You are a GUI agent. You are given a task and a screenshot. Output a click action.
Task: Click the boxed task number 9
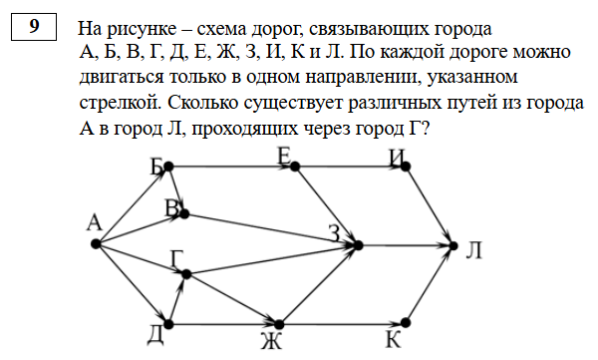click(34, 27)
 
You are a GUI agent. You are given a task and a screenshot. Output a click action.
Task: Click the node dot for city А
click(96, 243)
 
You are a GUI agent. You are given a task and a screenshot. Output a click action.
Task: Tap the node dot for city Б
click(168, 167)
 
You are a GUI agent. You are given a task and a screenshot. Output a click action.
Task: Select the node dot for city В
click(184, 213)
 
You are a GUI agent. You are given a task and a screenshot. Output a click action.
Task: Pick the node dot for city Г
click(186, 273)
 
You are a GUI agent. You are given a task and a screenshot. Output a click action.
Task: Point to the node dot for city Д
click(168, 324)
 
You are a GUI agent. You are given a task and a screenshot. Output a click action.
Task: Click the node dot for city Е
click(295, 167)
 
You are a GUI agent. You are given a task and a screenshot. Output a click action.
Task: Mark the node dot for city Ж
click(279, 324)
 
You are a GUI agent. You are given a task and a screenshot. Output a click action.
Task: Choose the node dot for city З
click(358, 245)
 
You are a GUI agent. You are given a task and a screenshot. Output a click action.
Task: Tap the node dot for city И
click(406, 167)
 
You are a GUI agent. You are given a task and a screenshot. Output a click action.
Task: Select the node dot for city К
click(406, 323)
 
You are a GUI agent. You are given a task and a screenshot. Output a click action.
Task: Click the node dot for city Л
click(453, 246)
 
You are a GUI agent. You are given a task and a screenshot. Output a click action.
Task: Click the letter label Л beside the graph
click(474, 250)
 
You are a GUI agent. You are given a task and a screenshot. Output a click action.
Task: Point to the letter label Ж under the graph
click(271, 341)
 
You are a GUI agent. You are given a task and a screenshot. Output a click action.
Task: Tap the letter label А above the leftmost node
click(95, 222)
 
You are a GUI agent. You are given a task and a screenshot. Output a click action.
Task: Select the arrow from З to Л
click(406, 246)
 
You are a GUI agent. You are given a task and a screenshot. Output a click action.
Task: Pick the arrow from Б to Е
click(231, 167)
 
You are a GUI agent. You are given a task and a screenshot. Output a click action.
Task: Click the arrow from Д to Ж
click(224, 324)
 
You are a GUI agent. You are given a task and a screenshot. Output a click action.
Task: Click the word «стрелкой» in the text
click(121, 103)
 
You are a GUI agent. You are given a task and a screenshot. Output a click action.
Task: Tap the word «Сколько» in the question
click(203, 103)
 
